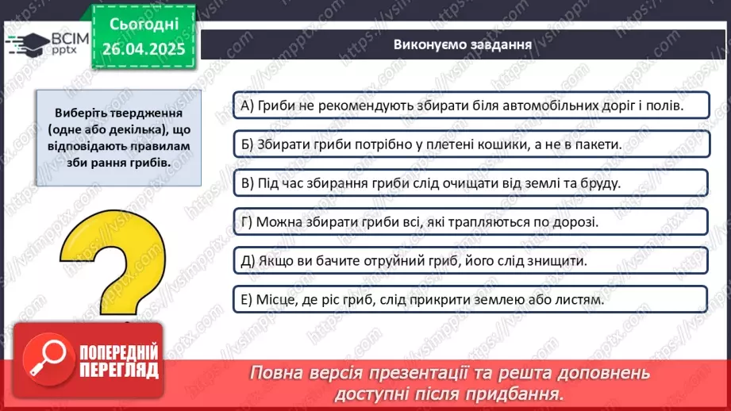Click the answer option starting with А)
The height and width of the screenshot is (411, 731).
468,105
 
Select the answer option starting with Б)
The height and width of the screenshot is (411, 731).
468,144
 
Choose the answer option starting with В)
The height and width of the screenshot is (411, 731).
468,182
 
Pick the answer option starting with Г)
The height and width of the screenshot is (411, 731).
468,221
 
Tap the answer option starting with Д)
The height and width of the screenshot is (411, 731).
468,260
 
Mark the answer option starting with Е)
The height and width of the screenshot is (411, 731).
468,300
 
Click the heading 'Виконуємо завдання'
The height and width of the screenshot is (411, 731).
462,44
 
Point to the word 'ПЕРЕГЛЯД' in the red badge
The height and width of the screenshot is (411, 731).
119,369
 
